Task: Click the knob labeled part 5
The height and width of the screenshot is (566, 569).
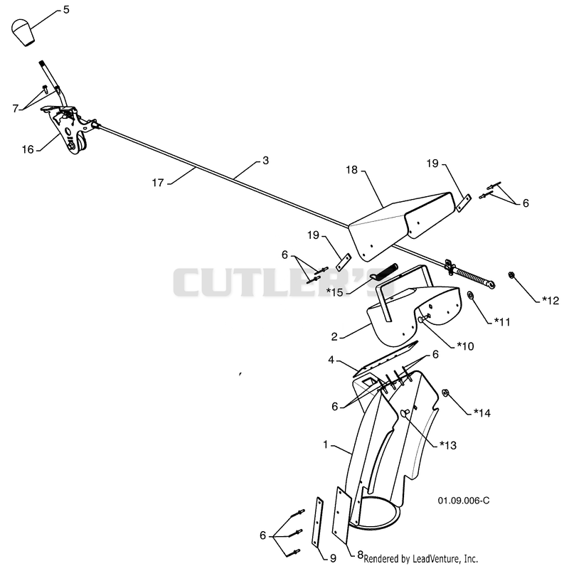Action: (x=23, y=33)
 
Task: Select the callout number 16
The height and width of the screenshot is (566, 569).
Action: (x=28, y=149)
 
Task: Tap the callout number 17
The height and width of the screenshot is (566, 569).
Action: (x=158, y=183)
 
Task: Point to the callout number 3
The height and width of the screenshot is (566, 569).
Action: (x=265, y=161)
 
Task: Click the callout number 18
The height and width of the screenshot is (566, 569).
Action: (x=351, y=170)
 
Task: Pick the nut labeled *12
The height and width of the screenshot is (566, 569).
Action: (x=511, y=275)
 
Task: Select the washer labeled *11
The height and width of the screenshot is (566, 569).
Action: (x=471, y=295)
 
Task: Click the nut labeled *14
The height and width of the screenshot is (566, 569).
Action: (x=446, y=393)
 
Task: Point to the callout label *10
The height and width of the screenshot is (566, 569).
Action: (x=465, y=346)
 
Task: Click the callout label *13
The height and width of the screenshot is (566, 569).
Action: (x=448, y=445)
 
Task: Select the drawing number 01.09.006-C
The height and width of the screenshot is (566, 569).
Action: (x=464, y=501)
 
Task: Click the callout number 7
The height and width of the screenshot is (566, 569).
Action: (x=15, y=108)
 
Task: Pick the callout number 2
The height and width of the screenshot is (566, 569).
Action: (x=334, y=337)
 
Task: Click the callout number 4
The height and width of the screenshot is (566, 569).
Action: (x=331, y=360)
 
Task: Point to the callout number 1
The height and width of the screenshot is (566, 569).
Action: (x=326, y=444)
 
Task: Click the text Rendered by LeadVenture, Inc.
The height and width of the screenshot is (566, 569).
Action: (x=420, y=558)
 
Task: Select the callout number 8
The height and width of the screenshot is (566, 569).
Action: (x=361, y=555)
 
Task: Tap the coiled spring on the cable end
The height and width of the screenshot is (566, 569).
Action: (x=472, y=277)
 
